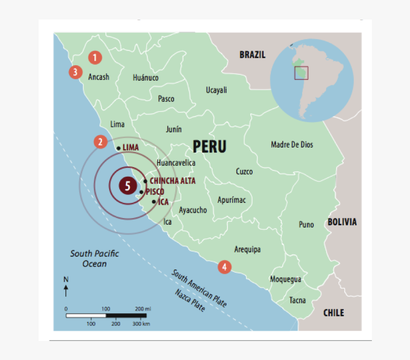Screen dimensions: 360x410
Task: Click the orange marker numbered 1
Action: point(95,58)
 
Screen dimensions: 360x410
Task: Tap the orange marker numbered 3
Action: point(75,72)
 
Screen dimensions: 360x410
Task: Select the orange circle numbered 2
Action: point(100,141)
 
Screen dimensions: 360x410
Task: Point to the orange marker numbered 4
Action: point(225,267)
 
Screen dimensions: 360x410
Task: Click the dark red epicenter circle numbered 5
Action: point(127,185)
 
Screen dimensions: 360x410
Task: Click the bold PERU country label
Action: point(209,146)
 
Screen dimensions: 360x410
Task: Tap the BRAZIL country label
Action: point(252,55)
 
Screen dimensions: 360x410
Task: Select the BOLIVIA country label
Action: point(342,222)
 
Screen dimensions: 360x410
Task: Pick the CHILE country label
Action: point(333,313)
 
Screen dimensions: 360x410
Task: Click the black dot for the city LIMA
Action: point(118,148)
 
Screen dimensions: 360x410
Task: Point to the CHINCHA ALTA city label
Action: point(172,181)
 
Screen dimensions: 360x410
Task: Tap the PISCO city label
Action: point(155,191)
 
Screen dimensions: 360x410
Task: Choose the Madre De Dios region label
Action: point(292,144)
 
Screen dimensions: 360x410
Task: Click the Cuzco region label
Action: point(244,171)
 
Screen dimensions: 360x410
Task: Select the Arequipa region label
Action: point(247,249)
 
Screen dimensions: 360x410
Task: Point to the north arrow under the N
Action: point(66,290)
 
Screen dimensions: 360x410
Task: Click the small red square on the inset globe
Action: point(301,73)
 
